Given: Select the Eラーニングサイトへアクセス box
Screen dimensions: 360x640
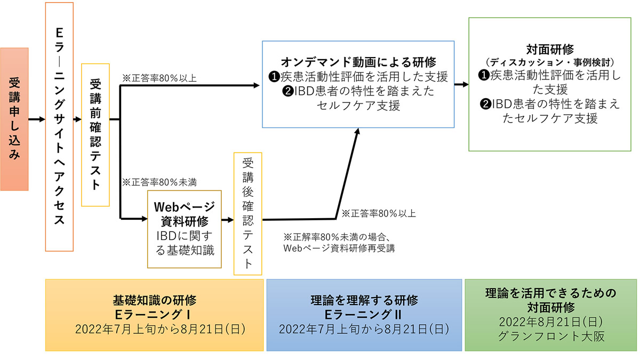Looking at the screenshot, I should pyautogui.click(x=59, y=126).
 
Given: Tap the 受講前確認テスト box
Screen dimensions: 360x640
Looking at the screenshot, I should pyautogui.click(x=95, y=134).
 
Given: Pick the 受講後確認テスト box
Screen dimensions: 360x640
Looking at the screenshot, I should pyautogui.click(x=247, y=213).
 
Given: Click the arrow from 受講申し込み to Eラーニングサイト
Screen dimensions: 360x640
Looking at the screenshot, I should pyautogui.click(x=36, y=119).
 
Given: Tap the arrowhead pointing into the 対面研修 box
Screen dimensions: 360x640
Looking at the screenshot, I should pyautogui.click(x=465, y=84).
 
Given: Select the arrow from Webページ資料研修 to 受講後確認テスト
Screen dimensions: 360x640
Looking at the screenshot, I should pyautogui.click(x=227, y=220).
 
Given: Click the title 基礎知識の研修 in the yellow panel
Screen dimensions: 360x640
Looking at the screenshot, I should pyautogui.click(x=155, y=299).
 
